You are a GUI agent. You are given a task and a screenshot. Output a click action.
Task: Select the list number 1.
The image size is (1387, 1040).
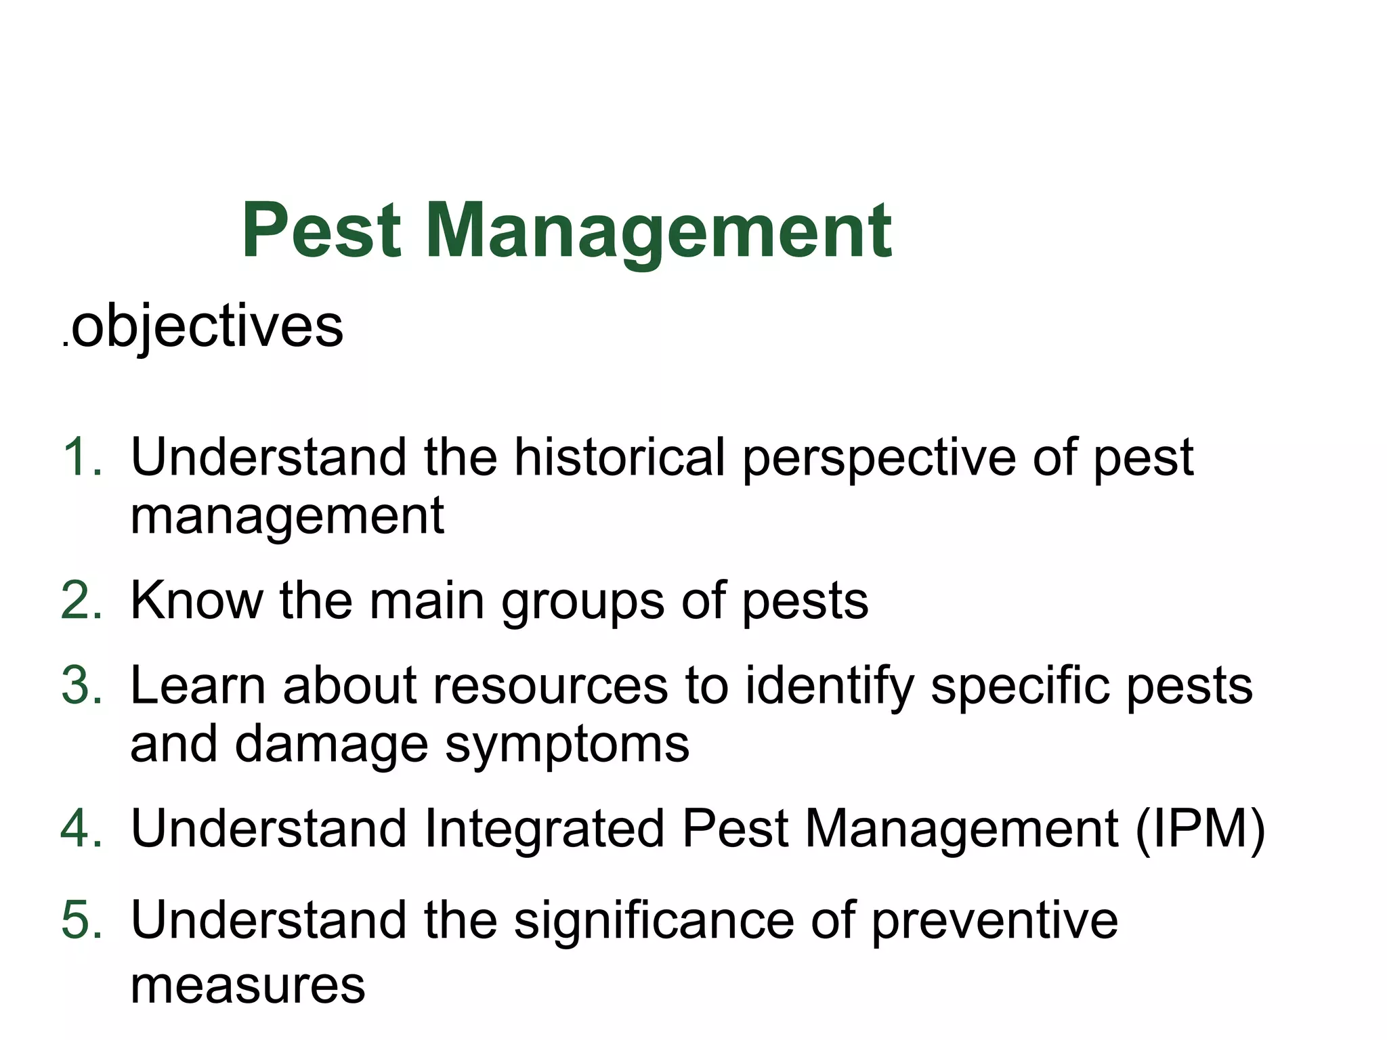(81, 458)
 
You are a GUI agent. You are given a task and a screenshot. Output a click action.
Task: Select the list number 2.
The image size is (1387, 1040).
(81, 601)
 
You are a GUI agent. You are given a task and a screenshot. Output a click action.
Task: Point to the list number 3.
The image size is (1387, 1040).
(81, 686)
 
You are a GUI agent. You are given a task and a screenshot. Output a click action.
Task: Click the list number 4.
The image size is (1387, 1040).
(81, 828)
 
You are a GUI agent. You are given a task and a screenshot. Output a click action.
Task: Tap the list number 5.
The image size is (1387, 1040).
(81, 921)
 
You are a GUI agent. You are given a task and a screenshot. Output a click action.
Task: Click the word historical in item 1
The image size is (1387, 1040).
(620, 458)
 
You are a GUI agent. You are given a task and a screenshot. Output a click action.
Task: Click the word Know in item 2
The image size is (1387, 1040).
(196, 601)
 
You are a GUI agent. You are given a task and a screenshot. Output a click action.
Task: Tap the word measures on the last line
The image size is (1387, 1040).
(248, 986)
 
